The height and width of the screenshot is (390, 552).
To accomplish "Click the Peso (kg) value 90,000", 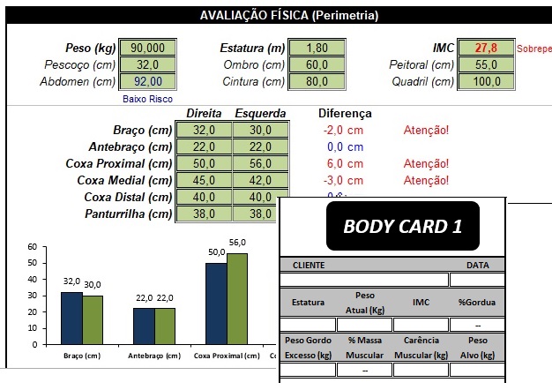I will [147, 48].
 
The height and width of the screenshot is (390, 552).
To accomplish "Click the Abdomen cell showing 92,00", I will [147, 82].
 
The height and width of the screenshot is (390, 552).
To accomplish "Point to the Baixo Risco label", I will [147, 99].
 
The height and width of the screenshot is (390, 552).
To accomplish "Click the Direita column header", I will [204, 113].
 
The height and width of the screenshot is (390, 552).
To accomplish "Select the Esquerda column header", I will [260, 113].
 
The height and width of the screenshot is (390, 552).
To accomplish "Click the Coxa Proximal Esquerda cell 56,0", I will [260, 163].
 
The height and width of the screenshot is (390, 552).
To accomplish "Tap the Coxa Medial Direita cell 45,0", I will [204, 180].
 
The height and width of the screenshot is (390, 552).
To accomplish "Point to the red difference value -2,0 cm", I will [343, 131].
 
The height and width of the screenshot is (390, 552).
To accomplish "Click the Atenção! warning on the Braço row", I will [426, 131].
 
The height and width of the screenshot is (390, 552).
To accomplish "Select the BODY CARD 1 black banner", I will [402, 226].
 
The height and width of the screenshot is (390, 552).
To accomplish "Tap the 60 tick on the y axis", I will [33, 247].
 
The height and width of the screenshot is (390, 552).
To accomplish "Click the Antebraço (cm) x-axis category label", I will [154, 356].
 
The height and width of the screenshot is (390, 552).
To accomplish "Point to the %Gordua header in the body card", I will [477, 302].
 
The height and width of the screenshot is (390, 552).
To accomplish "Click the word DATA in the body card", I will [478, 265].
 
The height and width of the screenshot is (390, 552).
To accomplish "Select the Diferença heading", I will [344, 113].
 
